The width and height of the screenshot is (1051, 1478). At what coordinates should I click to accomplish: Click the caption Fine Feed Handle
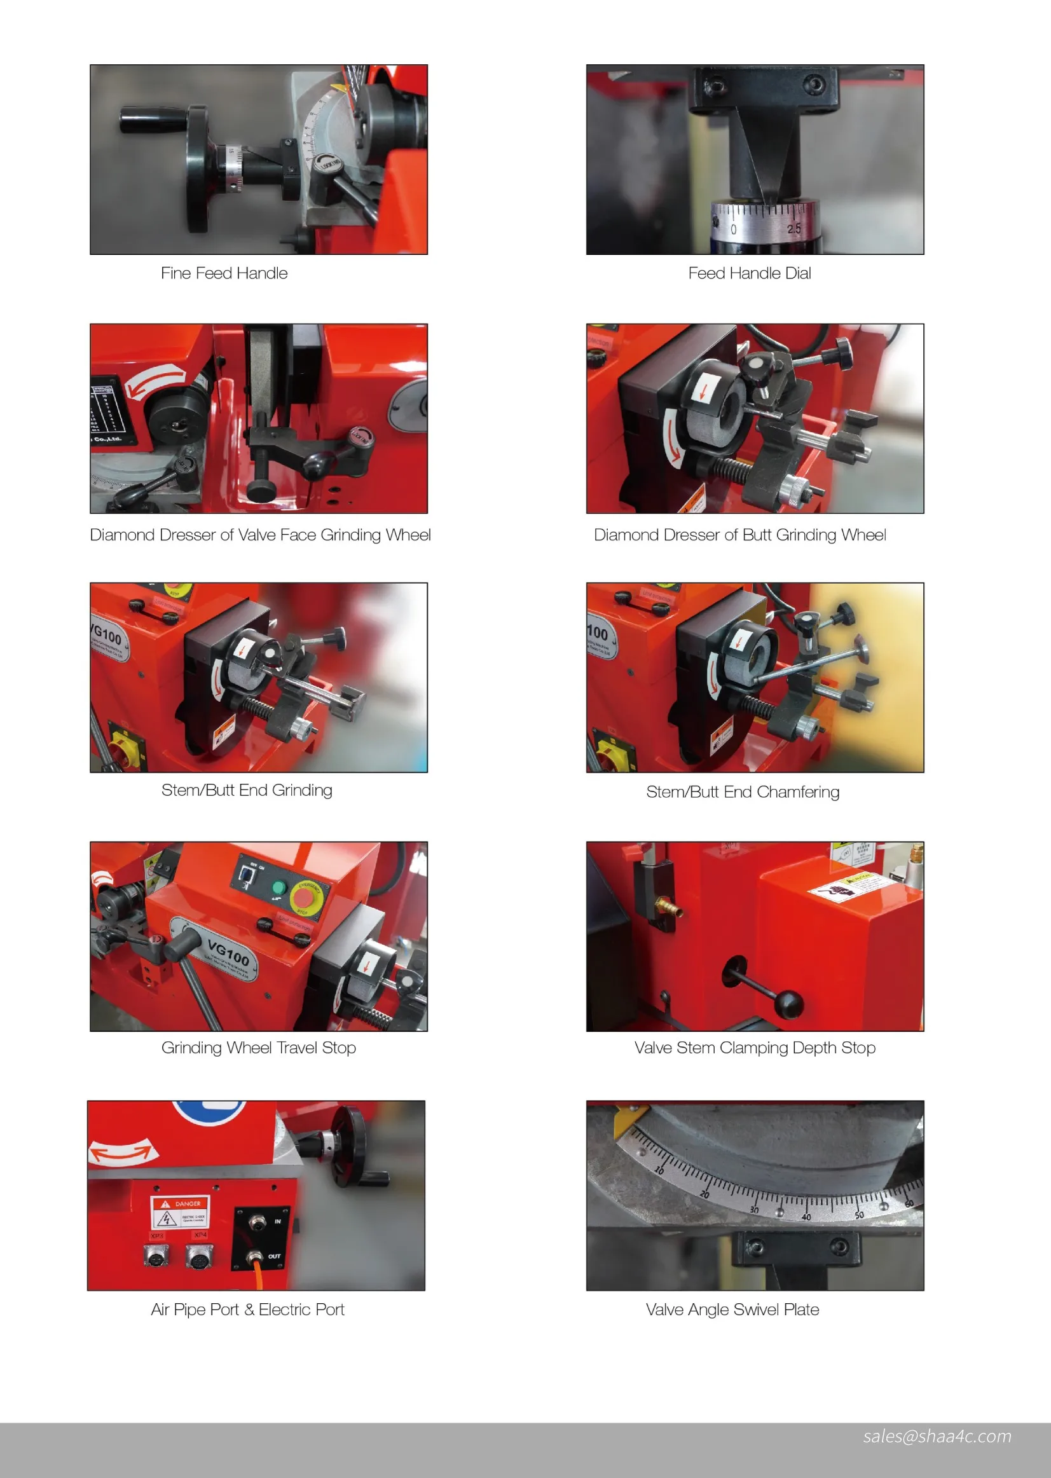(x=224, y=273)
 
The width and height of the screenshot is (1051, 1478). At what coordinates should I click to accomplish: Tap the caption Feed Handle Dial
(x=750, y=273)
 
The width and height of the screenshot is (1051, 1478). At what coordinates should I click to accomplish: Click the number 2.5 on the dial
(x=794, y=228)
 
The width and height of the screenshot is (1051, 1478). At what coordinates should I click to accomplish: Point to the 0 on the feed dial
(x=733, y=229)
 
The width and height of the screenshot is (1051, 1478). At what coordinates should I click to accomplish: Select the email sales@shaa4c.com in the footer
(x=937, y=1436)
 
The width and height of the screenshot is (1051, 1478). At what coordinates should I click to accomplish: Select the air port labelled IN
(x=258, y=1222)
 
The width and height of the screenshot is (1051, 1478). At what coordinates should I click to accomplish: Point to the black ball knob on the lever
(x=788, y=1004)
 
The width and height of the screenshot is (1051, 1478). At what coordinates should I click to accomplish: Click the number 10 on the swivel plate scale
(x=659, y=1170)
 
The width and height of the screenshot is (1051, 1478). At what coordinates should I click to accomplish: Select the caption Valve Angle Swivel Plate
(x=732, y=1309)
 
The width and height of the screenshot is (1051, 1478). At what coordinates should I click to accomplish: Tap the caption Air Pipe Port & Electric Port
(x=247, y=1309)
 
